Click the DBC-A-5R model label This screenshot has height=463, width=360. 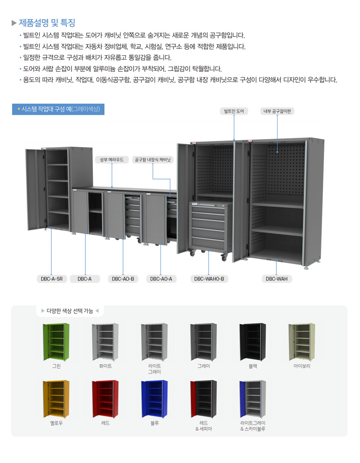pos(52,279)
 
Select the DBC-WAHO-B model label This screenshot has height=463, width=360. pos(209,279)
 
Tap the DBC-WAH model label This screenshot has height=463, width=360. pos(276,279)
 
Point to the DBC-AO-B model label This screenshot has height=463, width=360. pos(123,279)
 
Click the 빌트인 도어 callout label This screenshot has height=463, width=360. pos(234,111)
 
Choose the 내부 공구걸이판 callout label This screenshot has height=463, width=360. pos(277,111)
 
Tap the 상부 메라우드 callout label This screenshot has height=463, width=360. pos(112,159)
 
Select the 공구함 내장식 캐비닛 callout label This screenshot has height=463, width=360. pos(153,159)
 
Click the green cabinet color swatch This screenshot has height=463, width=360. pos(56,342)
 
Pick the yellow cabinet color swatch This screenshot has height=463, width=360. pos(56,399)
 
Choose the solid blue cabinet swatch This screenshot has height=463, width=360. pos(154,399)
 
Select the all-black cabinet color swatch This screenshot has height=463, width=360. pos(253,342)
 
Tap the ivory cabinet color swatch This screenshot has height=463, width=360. pos(301,342)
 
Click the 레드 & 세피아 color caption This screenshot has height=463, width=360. pos(204,426)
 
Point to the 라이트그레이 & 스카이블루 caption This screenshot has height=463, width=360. pos(253,426)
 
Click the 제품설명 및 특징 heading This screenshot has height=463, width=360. pos(47,23)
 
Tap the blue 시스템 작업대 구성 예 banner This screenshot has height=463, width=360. pos(58,109)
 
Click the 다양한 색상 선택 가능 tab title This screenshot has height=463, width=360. pos(70,311)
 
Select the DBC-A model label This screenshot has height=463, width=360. pos(85,279)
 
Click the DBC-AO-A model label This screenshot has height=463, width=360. pos(161,279)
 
